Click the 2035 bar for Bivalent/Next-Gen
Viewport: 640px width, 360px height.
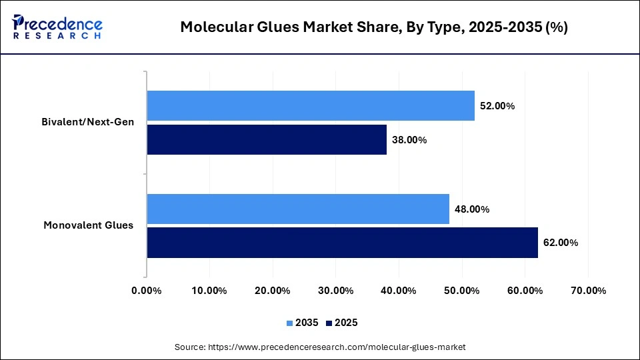pyautogui.click(x=311, y=105)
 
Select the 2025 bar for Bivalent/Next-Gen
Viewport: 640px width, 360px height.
pyautogui.click(x=267, y=140)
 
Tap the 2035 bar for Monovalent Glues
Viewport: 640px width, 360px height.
pyautogui.click(x=298, y=209)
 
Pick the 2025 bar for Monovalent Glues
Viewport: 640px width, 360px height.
pyautogui.click(x=342, y=243)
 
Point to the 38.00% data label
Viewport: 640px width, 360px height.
pyautogui.click(x=409, y=140)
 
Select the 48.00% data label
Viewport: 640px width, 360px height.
pyautogui.click(x=472, y=209)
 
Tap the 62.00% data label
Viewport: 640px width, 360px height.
pyautogui.click(x=561, y=243)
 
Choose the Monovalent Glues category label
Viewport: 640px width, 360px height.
pyautogui.click(x=89, y=225)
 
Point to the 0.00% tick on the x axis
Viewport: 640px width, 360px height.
pyautogui.click(x=147, y=291)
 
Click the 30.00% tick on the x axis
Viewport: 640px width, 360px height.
pyautogui.click(x=336, y=291)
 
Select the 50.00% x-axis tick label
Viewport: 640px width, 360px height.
pyautogui.click(x=462, y=291)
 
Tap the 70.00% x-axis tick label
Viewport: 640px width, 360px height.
pyautogui.click(x=588, y=291)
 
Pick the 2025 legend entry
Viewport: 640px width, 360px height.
pyautogui.click(x=342, y=323)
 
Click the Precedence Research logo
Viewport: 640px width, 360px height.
pyautogui.click(x=57, y=27)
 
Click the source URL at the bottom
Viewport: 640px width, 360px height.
pyautogui.click(x=320, y=347)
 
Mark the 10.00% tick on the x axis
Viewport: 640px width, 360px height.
pyautogui.click(x=210, y=291)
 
